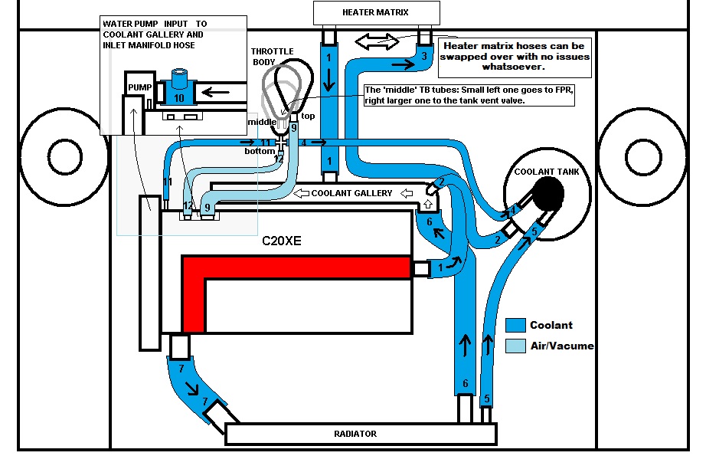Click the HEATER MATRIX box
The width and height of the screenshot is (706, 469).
(377, 12)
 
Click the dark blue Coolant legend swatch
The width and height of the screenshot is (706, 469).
(515, 324)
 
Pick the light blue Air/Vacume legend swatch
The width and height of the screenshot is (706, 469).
(515, 345)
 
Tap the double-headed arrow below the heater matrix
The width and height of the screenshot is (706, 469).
(376, 41)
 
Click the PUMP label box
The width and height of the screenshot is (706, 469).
(139, 87)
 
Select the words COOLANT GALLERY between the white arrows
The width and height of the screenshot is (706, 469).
(351, 193)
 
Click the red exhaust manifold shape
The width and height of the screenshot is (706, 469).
(295, 268)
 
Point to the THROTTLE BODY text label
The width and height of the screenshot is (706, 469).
(272, 56)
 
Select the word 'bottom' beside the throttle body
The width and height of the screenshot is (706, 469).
(260, 151)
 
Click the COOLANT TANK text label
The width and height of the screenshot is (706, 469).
(547, 172)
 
